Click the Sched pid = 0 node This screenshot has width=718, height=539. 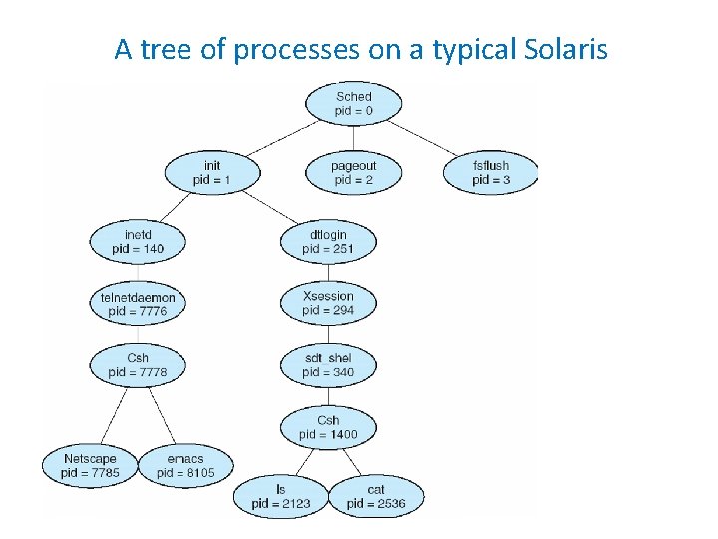353,104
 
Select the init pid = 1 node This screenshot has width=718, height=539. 211,172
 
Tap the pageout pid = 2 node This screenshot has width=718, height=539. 353,172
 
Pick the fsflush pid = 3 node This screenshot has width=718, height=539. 491,172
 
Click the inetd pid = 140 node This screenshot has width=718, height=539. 138,241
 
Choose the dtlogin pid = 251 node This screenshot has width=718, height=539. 328,241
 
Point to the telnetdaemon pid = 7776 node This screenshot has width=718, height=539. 138,304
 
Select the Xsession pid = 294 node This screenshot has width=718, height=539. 328,303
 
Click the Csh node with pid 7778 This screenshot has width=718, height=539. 138,365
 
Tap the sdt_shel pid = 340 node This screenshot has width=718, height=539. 328,365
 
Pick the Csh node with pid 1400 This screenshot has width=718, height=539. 328,427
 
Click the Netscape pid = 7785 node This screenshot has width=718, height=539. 90,465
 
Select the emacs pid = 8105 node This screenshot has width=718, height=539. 185,465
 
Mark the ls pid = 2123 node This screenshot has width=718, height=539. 281,496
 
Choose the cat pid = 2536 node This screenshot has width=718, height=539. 376,496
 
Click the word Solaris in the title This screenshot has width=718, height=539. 564,48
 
